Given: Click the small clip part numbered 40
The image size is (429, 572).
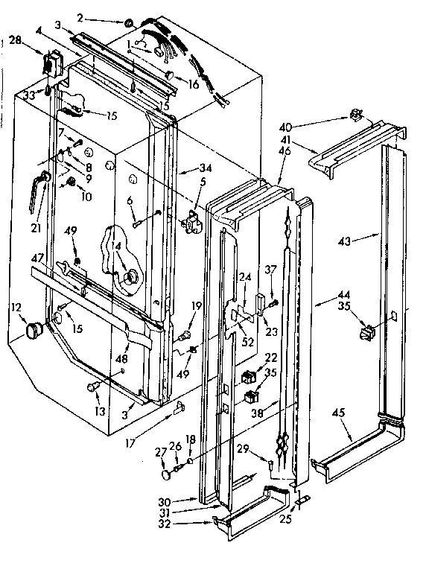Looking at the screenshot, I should click(356, 115).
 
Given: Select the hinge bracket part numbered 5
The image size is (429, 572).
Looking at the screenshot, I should click(193, 220).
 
